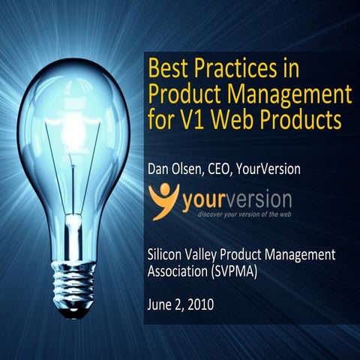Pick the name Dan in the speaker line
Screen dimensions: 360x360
pyautogui.click(x=160, y=170)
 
